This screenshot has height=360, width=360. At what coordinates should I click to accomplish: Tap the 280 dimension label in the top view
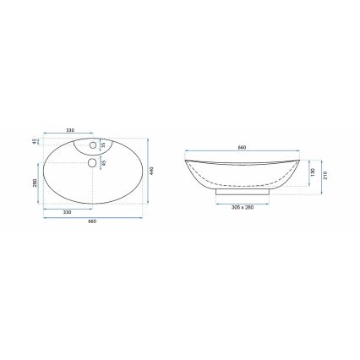coord(35,183)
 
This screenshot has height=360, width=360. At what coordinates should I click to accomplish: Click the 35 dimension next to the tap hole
coord(104,145)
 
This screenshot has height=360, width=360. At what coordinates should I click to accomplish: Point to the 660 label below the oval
coord(91,221)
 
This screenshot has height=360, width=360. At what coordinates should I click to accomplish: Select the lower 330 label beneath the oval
coord(68,211)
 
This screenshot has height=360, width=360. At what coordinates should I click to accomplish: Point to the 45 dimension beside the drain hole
coord(104,164)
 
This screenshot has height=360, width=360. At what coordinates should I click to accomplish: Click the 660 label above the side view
coord(243,148)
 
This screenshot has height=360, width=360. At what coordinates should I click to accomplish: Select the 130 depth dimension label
coord(313,172)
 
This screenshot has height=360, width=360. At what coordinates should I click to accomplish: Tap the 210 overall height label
coord(325,176)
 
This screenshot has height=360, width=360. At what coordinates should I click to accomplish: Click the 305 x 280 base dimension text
coord(243,207)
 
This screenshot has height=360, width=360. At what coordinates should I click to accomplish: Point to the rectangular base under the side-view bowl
coord(243,194)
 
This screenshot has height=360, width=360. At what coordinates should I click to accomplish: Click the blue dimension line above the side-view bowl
coord(243,152)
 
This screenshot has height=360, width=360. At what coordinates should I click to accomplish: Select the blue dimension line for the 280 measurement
coord(40,184)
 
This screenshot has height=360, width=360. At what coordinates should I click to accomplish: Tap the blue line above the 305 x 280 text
coord(243,203)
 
